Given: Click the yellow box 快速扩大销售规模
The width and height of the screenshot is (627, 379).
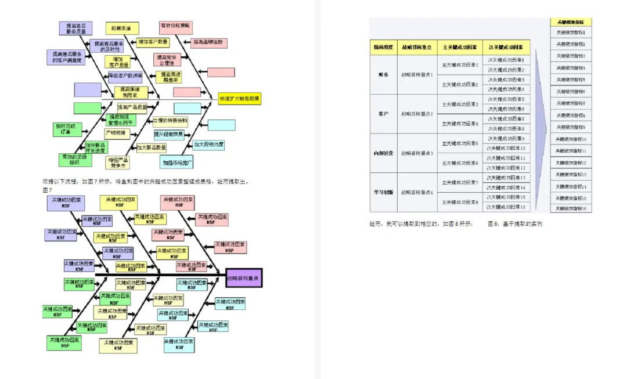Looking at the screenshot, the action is (x=240, y=99).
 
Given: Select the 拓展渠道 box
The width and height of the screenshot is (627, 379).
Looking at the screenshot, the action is (x=117, y=28).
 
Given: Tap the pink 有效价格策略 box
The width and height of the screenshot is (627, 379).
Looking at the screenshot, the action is (x=176, y=27).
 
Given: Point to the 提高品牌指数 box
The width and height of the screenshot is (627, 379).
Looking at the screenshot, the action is (x=210, y=42).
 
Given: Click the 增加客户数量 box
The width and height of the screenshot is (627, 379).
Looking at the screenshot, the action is (x=153, y=42).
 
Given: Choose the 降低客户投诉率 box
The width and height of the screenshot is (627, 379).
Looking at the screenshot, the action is (x=126, y=75).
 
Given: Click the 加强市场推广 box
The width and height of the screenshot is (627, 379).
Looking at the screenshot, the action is (x=178, y=161).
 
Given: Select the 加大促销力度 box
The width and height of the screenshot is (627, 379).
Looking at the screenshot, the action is (x=209, y=144).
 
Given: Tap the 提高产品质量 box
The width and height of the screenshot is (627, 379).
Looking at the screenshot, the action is (x=132, y=107).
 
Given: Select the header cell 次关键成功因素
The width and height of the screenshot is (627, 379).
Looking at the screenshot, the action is (x=506, y=47).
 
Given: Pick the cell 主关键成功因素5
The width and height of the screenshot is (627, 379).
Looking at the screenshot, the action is (x=460, y=143).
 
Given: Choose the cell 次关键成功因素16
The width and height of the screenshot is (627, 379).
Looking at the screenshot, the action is (x=506, y=207).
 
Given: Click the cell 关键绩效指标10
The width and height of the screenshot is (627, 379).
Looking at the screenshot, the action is (x=571, y=139).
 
